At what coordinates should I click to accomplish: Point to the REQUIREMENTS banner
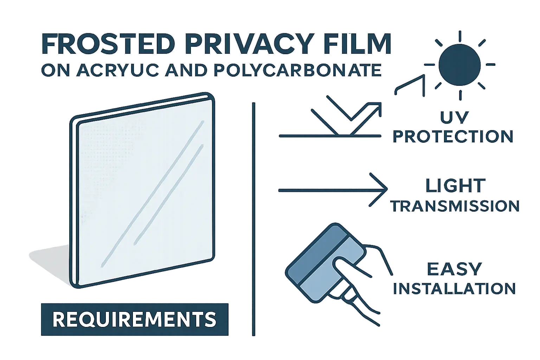click(135, 319)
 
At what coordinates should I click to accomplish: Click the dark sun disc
click(459, 64)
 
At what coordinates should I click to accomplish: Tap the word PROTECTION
click(453, 136)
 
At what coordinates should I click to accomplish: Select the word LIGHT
click(455, 186)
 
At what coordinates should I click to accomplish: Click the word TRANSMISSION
click(455, 206)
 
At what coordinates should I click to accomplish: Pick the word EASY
click(454, 270)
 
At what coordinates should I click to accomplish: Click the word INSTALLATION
click(454, 289)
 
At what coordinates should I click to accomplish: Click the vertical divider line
click(253, 218)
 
